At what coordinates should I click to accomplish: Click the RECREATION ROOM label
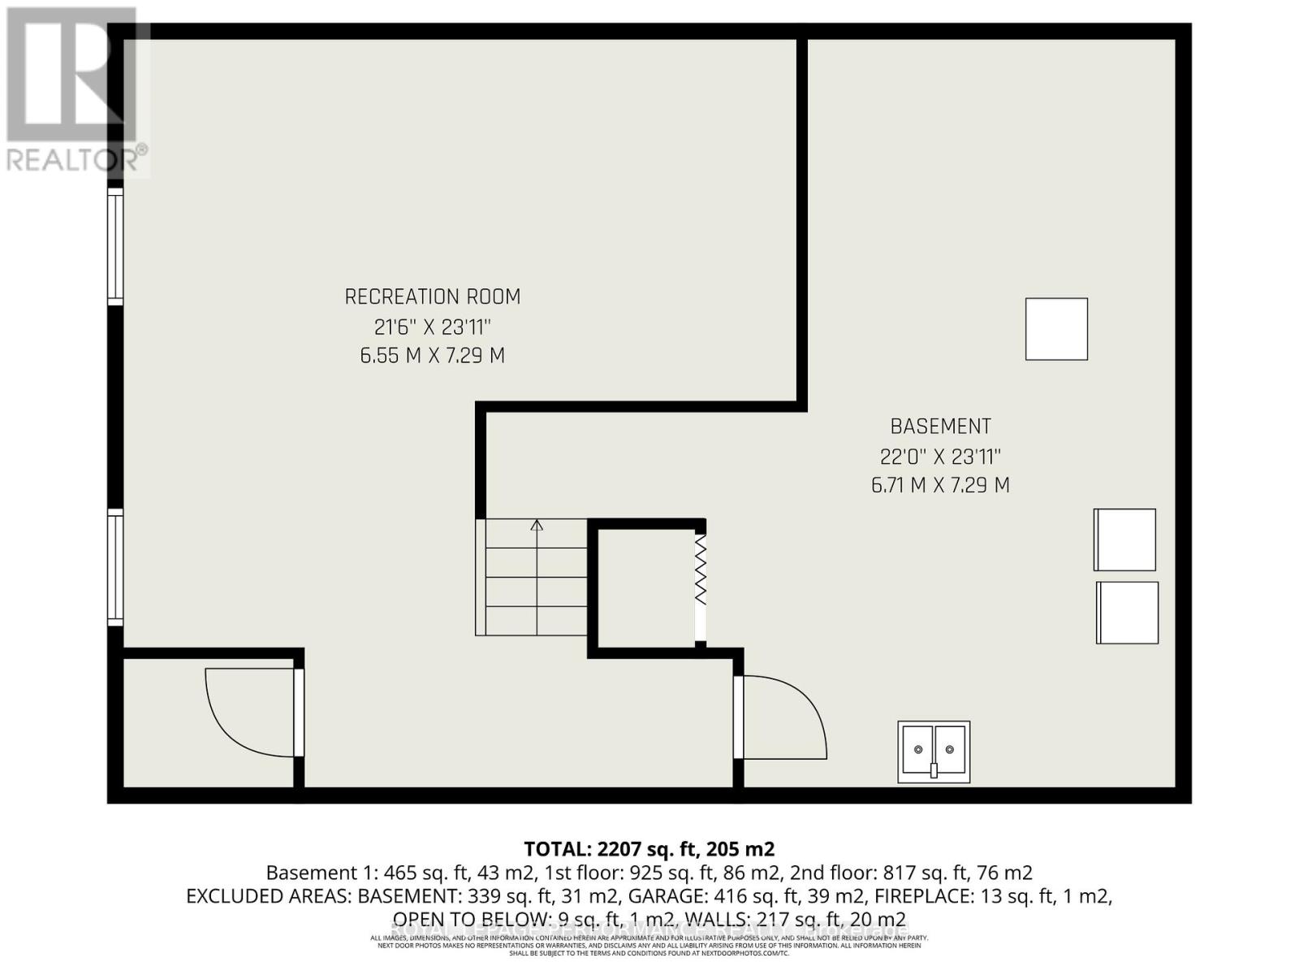coord(433,297)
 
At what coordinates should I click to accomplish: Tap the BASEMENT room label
coord(940,427)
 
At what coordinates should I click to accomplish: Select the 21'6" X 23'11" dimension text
coord(433,327)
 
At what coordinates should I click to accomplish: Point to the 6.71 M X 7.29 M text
coord(940,485)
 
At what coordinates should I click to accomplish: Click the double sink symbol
coord(934,752)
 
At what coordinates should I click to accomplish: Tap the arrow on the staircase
coord(537,526)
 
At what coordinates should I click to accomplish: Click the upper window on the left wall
coord(115,247)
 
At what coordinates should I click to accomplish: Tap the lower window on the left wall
coord(115,567)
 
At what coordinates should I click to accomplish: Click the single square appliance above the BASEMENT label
coord(1056,329)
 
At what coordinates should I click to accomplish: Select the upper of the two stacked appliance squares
coord(1124,539)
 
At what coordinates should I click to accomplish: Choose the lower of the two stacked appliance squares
coord(1127,613)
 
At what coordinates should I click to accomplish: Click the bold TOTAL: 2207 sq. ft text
coord(649,849)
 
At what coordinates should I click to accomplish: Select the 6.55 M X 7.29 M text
coord(433,356)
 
